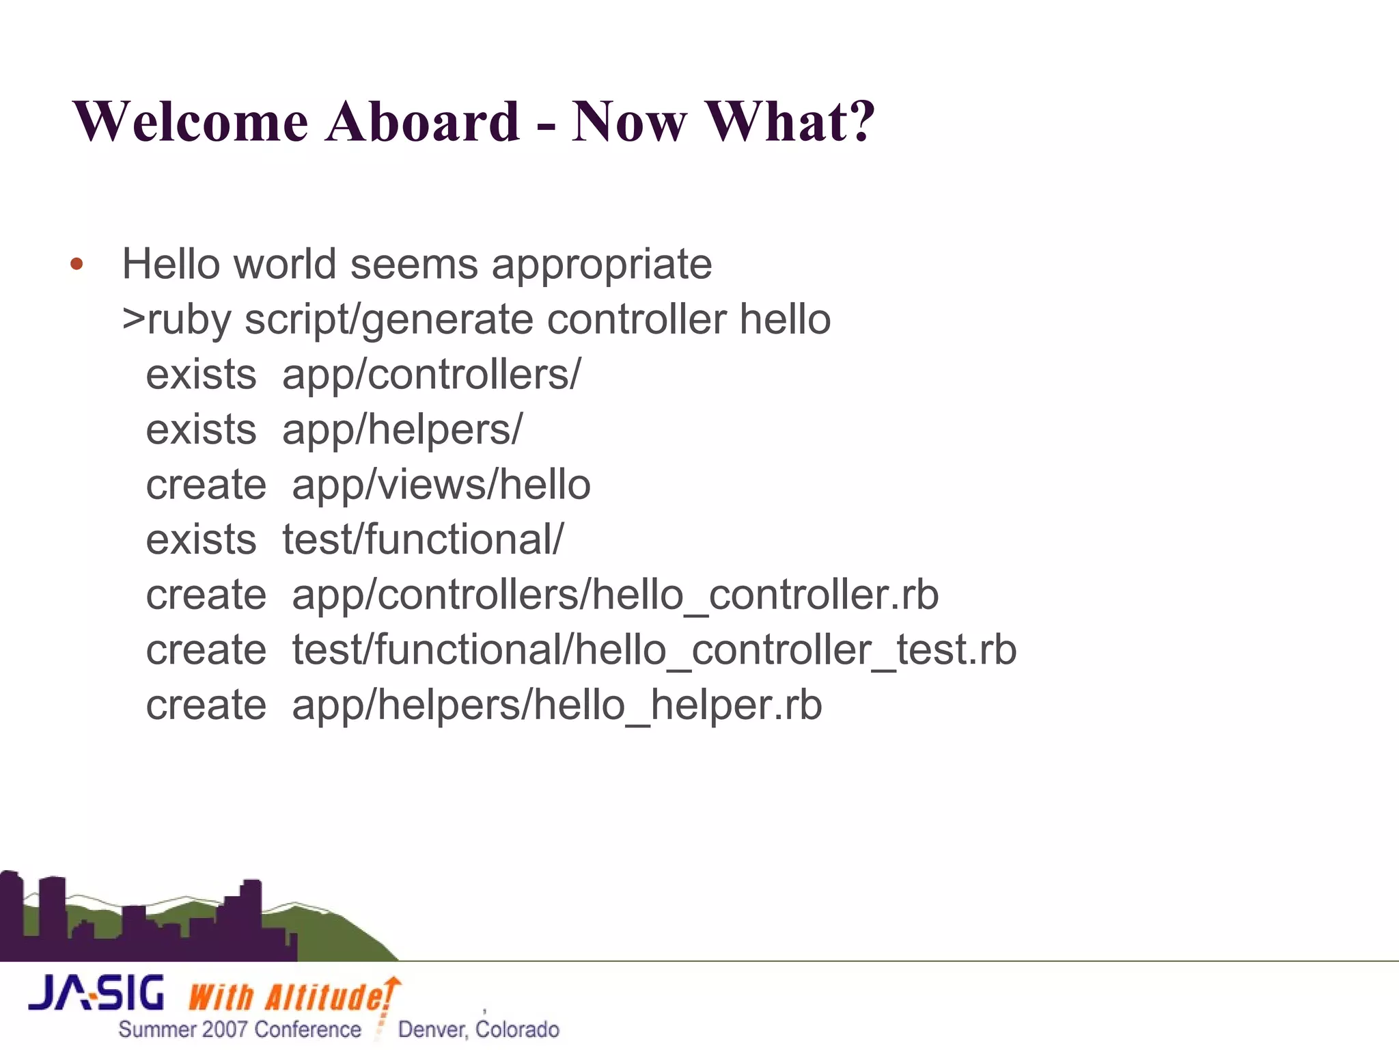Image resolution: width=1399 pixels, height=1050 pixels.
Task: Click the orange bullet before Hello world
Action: [x=77, y=265]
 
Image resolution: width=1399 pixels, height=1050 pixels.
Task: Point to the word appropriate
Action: [x=601, y=265]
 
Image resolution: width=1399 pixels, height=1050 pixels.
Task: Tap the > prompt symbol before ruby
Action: [x=133, y=319]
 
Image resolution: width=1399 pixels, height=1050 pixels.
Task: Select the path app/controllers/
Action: [x=431, y=375]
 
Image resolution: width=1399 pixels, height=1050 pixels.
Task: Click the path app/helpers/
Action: [x=402, y=430]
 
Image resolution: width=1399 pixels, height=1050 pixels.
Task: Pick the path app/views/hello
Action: [x=441, y=485]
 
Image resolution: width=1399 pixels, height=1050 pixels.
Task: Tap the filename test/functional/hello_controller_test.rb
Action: [x=654, y=650]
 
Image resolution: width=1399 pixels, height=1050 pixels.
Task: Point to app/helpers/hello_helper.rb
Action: [x=557, y=705]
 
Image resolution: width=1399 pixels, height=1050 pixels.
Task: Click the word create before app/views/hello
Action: [x=206, y=485]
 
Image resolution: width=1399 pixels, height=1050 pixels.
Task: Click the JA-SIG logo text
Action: [x=96, y=993]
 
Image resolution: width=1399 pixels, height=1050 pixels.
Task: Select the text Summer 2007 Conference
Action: [x=240, y=1029]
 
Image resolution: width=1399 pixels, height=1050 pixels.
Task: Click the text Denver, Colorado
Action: [x=478, y=1029]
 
